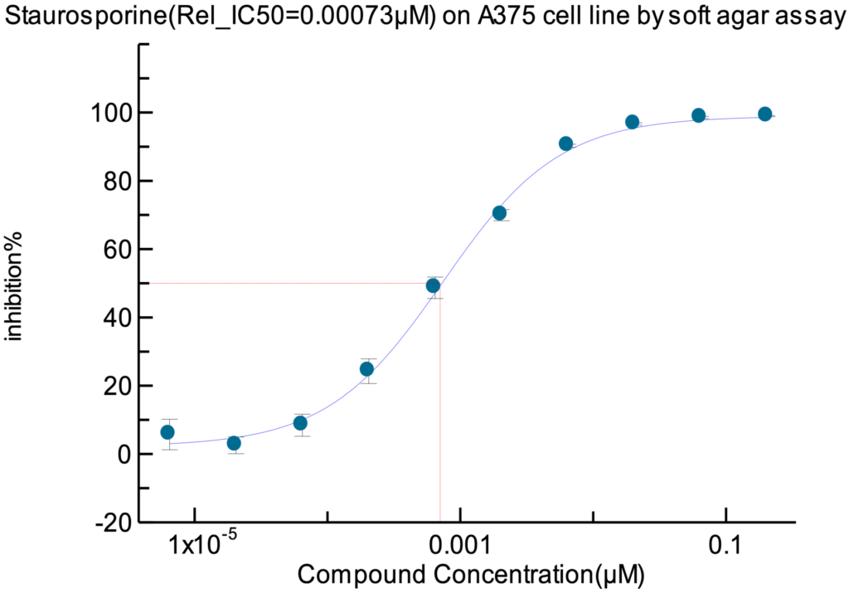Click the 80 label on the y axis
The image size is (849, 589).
coord(116,181)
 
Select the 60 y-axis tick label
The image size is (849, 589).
coord(116,249)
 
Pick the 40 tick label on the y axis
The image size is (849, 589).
coord(116,318)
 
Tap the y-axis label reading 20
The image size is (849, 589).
coord(116,386)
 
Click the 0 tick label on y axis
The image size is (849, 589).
coord(124,454)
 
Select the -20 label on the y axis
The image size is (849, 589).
coord(112,523)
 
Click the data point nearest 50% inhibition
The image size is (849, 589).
coord(433,285)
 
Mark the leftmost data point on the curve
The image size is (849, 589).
coord(167,432)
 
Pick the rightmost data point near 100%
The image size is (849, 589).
coord(764,114)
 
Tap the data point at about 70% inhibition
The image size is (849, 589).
coord(499,213)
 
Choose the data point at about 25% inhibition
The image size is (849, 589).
coord(366,369)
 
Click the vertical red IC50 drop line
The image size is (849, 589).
coord(439,415)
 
